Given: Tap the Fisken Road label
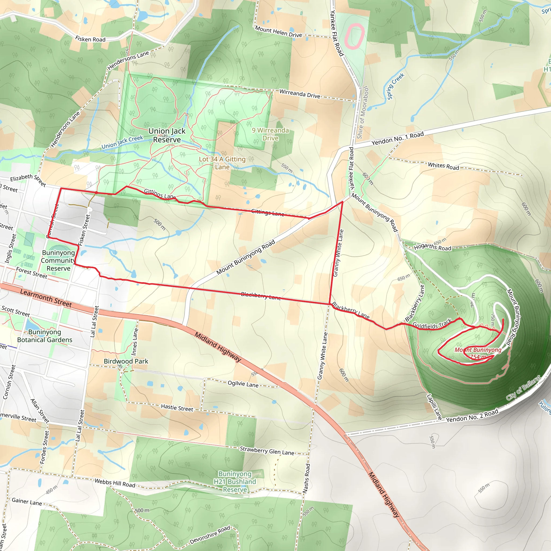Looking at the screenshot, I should coord(90,39).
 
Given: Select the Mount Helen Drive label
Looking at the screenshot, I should coord(278,32).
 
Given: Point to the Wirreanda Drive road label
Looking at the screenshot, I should coord(299,94).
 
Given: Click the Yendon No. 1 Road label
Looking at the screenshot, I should coord(397,139).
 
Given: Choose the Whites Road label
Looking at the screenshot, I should coord(443,166).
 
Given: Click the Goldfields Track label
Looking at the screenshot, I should coord(432,324).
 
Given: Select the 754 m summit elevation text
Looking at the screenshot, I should coord(478,357).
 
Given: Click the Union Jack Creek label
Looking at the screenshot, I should coord(122,142).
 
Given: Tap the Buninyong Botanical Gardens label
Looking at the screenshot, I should coord(45,336).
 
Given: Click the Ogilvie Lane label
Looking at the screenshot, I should coord(243,384).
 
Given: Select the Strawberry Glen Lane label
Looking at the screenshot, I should coord(267,451).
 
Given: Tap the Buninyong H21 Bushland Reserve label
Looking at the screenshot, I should coord(235,482).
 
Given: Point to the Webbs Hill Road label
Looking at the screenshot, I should coord(115,483).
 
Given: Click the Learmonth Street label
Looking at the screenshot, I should coord(46,298).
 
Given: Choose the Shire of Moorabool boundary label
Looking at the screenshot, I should coord(362,113).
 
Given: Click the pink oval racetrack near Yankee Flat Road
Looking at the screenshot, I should coord(355,36).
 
